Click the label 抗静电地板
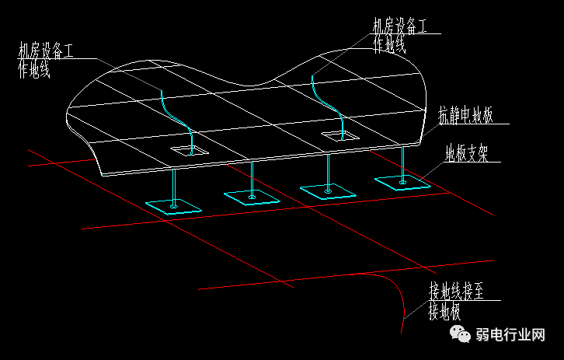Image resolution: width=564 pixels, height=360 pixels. coord(465,117)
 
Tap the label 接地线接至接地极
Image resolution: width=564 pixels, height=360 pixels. coord(457,302)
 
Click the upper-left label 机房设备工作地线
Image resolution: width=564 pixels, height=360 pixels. coord(47,61)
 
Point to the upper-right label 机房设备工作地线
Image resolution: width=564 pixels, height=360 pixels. coord(400,34)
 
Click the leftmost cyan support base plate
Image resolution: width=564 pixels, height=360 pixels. coord(172,207)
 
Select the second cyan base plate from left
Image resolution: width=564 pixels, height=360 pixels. coord(252,196)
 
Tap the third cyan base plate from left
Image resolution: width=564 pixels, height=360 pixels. coord(328,190)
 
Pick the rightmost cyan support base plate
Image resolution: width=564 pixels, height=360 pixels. coord(402,183)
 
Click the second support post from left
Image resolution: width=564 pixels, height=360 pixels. coord(252,179)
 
